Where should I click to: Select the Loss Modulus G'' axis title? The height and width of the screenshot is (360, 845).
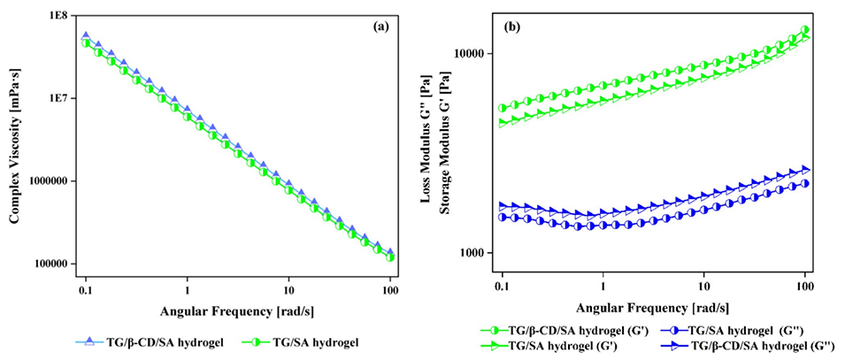(x=426, y=146)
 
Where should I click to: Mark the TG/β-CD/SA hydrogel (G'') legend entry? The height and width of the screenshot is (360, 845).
(x=744, y=345)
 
